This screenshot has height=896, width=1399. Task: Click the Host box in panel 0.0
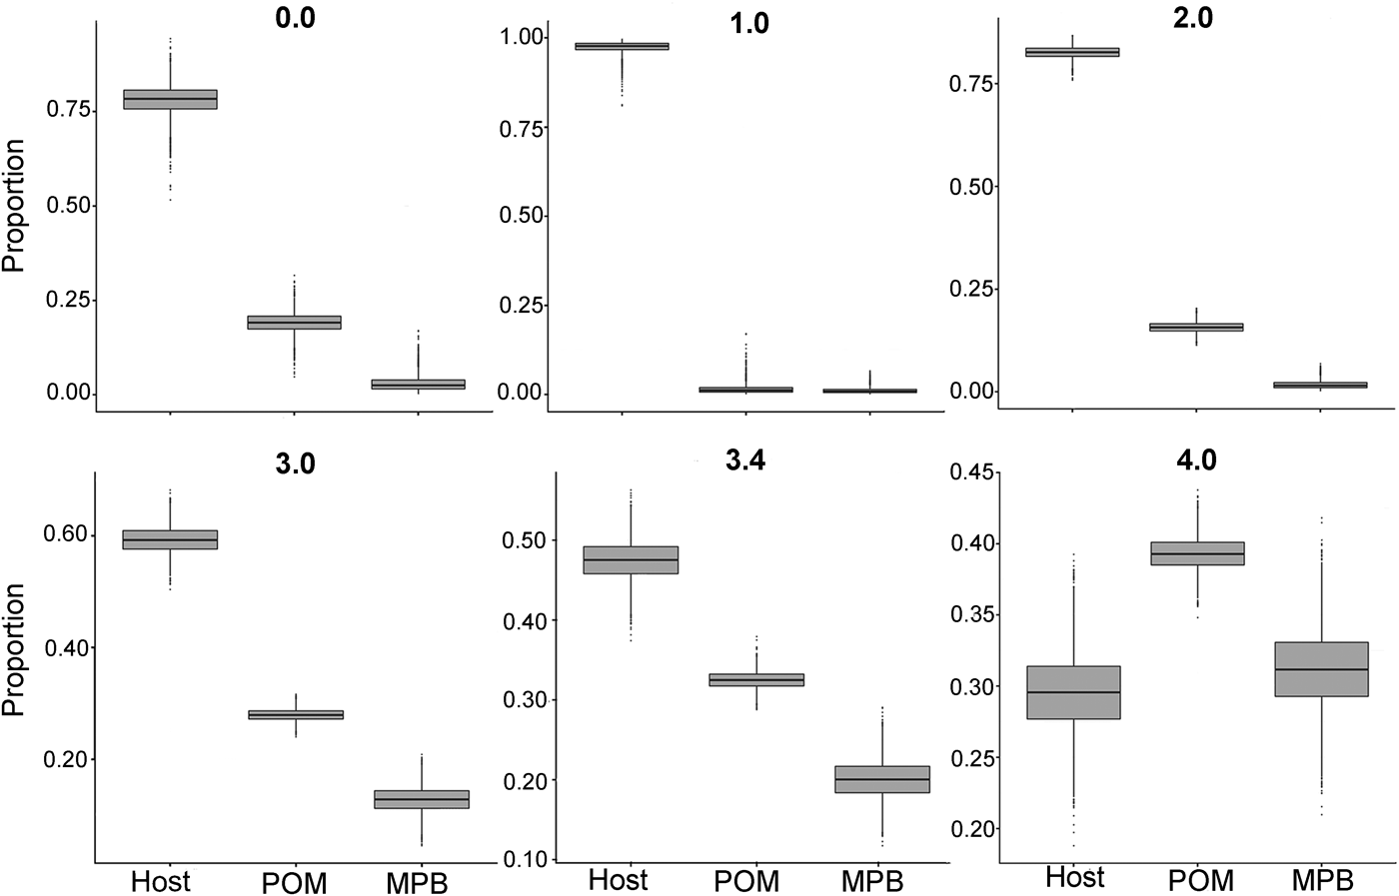pos(170,99)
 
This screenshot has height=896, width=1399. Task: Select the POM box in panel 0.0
pos(294,322)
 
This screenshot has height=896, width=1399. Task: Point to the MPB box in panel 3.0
pos(421,799)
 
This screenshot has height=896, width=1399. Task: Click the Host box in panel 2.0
pos(1072,52)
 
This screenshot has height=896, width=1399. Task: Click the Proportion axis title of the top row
pos(14,207)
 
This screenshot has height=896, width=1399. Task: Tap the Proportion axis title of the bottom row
pos(14,649)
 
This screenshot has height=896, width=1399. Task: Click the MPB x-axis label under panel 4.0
pos(1321,881)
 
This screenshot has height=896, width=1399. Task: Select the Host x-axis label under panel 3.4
pos(619,880)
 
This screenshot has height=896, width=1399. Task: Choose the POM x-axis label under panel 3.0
pos(294,884)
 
